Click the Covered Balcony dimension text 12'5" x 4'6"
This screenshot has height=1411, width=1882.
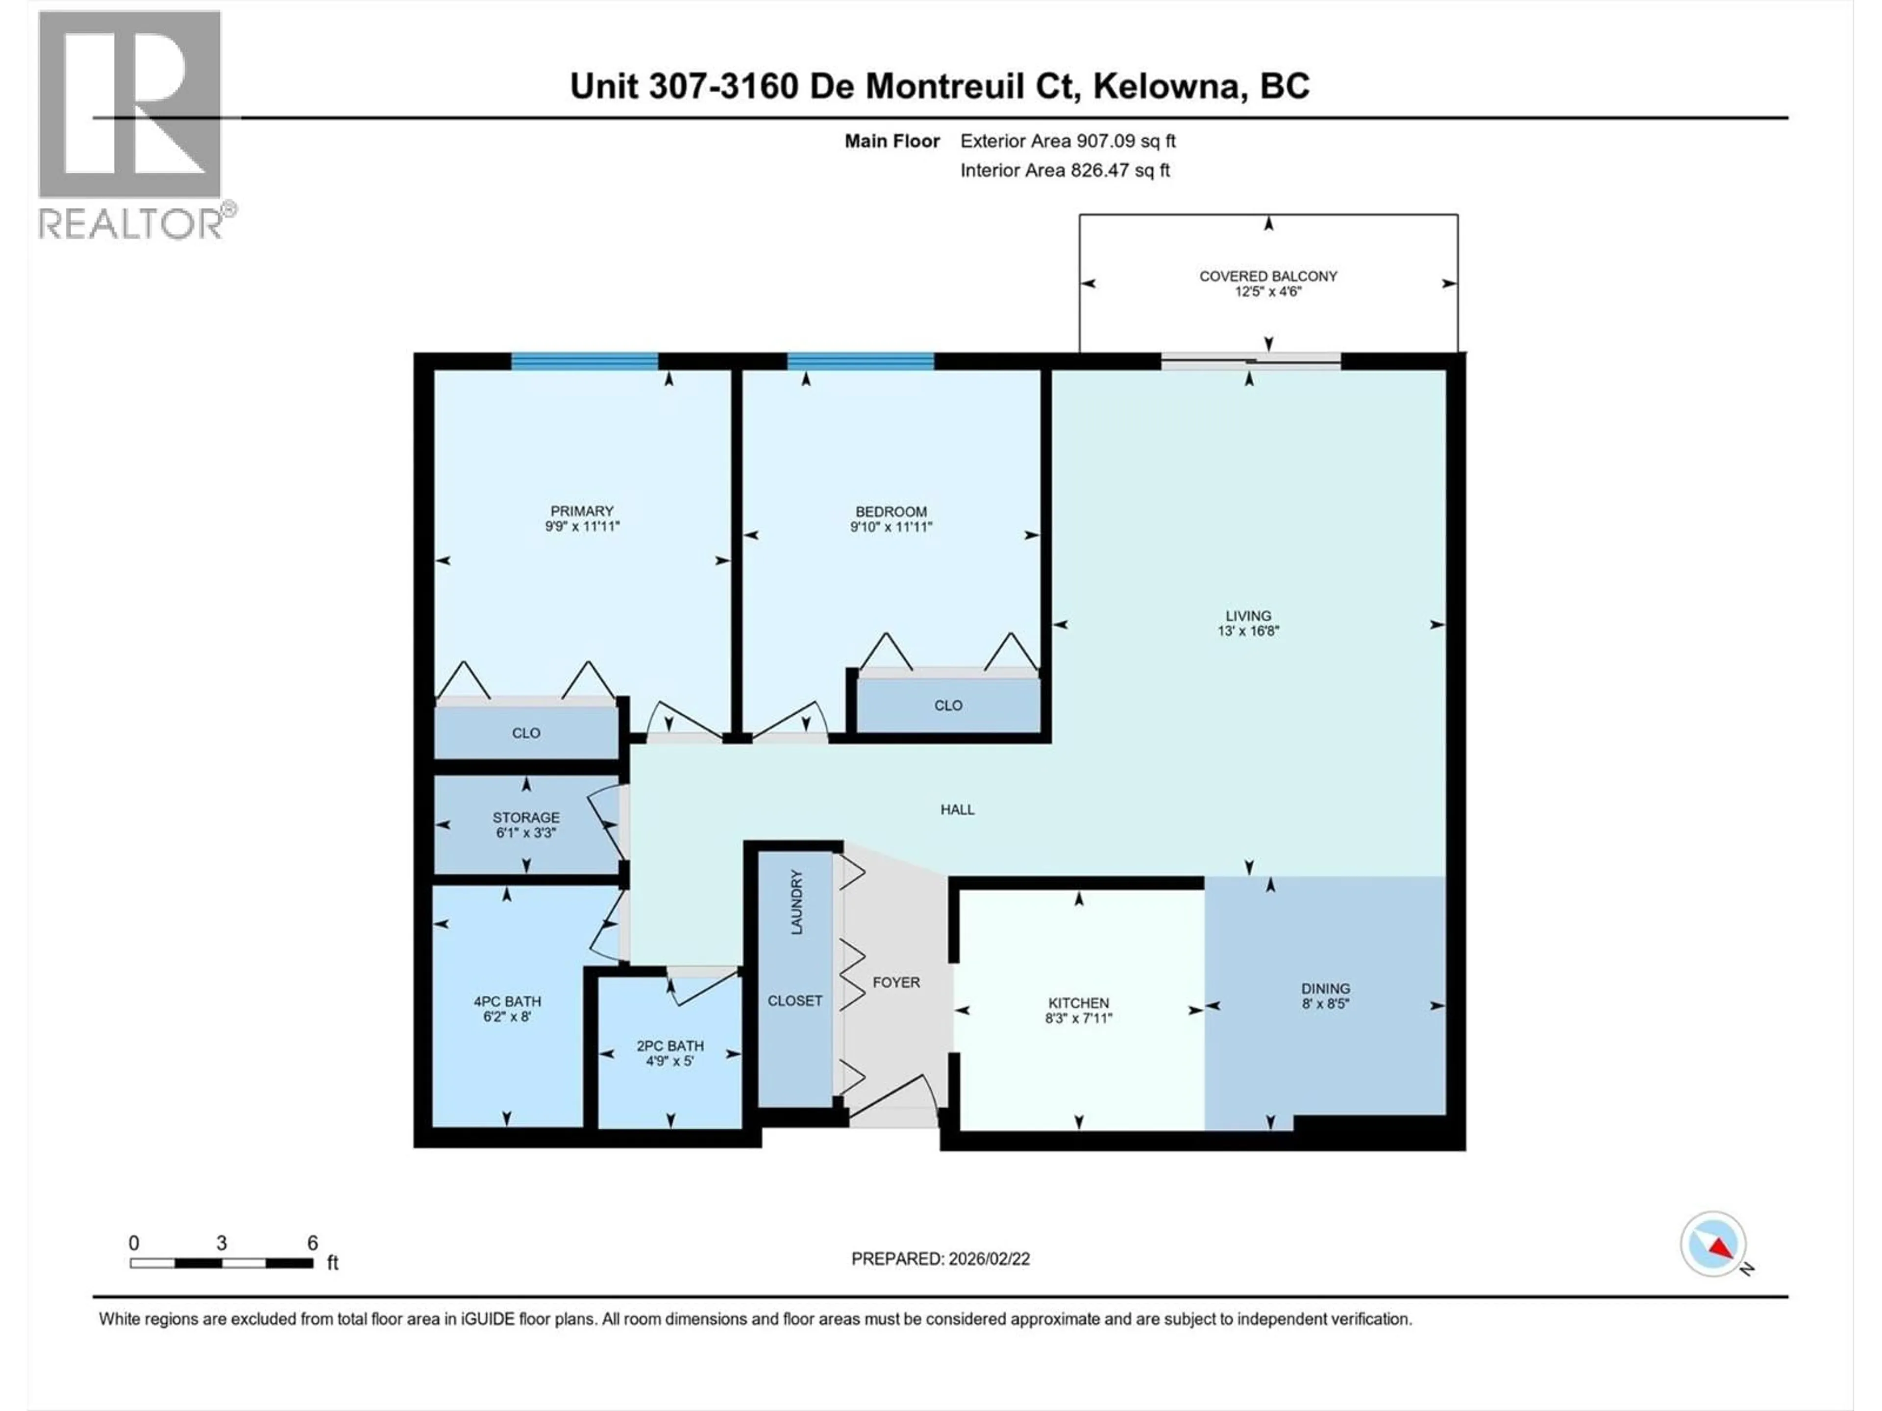click(x=1268, y=292)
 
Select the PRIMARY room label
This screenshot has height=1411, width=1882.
click(x=582, y=511)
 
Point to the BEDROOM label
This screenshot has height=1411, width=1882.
click(x=891, y=511)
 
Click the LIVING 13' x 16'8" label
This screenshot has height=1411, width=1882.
click(x=1248, y=623)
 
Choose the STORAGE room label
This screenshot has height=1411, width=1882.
click(x=526, y=817)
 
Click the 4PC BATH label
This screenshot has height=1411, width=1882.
click(x=507, y=1001)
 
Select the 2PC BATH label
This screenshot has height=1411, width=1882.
click(x=670, y=1046)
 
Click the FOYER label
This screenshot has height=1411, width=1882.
click(x=896, y=982)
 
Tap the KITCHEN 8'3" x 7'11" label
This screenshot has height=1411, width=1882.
click(x=1078, y=1010)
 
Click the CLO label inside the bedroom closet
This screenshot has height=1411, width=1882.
click(x=948, y=705)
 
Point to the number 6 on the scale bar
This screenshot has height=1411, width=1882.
click(x=312, y=1242)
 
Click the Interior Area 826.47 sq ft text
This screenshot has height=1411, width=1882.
click(x=1065, y=170)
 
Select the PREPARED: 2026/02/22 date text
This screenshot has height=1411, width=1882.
click(x=940, y=1259)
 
